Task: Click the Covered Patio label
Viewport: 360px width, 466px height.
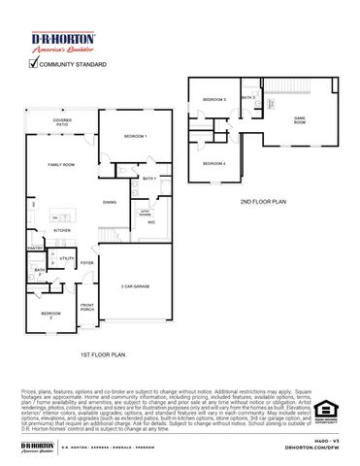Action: point(61,123)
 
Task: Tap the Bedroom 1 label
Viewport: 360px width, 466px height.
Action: point(136,137)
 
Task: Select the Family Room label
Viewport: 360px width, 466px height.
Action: point(63,166)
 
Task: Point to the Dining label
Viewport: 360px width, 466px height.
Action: point(111,201)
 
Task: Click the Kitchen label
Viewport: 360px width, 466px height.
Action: point(48,230)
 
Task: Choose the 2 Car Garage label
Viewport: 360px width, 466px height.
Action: point(136,287)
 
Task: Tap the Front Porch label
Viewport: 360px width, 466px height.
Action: point(86,309)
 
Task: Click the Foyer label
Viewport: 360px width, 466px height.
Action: point(86,263)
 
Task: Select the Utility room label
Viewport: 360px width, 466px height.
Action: point(67,258)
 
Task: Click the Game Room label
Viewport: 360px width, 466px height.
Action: point(301,120)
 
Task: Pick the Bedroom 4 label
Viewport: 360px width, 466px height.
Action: point(213,163)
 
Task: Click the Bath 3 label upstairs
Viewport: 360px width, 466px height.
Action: point(247,98)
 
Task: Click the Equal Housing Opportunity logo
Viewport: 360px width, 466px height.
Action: point(325,412)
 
